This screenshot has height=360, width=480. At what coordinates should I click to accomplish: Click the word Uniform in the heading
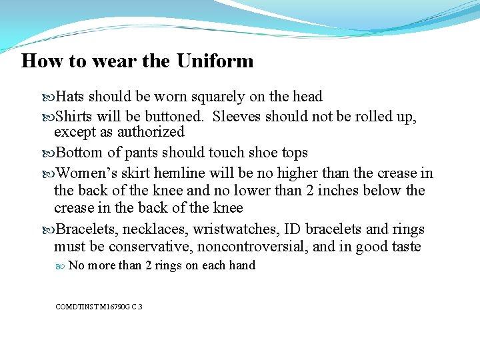tap(215, 61)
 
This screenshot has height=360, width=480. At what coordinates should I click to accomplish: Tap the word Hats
tap(70, 97)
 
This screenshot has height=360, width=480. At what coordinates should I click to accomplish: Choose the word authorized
tap(150, 132)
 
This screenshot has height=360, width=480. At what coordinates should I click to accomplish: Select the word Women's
tap(83, 174)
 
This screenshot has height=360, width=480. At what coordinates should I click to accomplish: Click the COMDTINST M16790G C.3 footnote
tap(99, 307)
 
